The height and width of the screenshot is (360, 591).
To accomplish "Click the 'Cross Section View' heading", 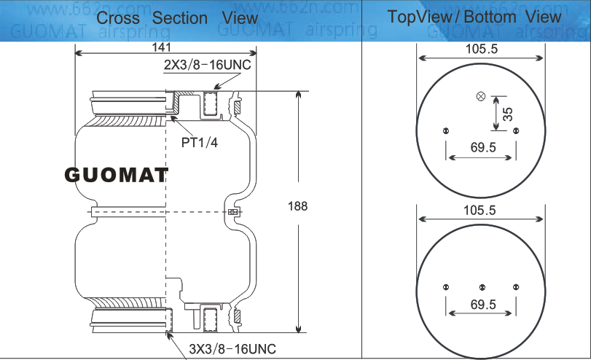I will point(177,17).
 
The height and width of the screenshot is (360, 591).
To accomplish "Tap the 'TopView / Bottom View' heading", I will point(474,17).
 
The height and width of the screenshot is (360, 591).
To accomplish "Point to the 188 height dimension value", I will point(298,206).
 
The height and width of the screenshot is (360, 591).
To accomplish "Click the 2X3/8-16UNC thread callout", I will point(206,65).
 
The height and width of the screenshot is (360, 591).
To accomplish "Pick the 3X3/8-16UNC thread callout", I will point(232,348).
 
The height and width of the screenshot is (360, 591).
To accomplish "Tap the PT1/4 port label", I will point(200,141).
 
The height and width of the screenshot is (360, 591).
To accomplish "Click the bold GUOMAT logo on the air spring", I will point(117,175).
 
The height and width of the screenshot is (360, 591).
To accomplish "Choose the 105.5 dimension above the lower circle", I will point(480,211).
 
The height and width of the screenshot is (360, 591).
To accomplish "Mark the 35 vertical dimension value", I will point(508,114).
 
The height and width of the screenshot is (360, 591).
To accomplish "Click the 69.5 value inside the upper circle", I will point(483,147).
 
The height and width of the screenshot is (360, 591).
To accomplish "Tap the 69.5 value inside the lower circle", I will point(483,304).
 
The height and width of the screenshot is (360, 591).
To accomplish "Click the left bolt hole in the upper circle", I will point(446,131).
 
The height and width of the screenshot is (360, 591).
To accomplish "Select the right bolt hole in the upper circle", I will point(515,131).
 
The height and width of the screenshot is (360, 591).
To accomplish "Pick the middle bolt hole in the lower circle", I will point(481,286).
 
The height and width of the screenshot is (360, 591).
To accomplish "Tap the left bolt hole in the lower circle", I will point(446,286).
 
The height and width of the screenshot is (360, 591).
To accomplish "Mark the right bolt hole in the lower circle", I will point(515,286).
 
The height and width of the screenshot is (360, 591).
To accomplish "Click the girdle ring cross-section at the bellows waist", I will point(232,212).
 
